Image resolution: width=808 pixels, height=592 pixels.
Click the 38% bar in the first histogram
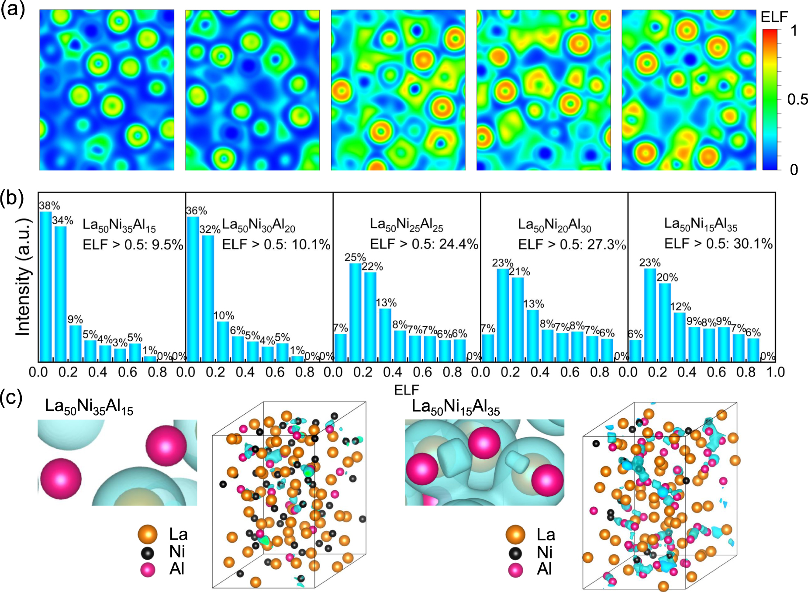(45, 286)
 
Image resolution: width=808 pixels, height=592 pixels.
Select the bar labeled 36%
(193, 288)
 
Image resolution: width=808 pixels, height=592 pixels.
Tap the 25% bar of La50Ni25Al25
(356, 312)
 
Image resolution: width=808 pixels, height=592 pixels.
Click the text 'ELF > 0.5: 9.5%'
(133, 245)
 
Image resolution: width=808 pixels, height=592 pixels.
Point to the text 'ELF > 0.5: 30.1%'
(718, 243)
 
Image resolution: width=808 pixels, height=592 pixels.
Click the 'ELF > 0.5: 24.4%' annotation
(424, 244)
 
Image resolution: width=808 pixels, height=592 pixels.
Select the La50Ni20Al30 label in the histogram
(554, 225)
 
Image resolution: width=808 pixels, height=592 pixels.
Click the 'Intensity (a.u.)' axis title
(23, 277)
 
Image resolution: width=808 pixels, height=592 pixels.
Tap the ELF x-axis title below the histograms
(406, 390)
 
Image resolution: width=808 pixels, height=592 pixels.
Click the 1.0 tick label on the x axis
(775, 372)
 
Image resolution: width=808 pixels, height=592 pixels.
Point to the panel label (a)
(13, 9)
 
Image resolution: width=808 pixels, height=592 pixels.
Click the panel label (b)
(12, 198)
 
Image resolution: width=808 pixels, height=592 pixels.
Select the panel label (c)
(11, 398)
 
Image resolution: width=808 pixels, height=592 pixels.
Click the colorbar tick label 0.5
(798, 100)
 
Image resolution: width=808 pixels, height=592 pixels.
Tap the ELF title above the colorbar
(774, 17)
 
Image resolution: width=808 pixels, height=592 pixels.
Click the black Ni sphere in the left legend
(148, 553)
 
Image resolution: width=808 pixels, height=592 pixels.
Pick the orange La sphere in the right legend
(515, 534)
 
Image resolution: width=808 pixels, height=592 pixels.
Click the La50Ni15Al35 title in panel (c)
(456, 407)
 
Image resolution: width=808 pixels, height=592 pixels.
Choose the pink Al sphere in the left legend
(148, 570)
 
